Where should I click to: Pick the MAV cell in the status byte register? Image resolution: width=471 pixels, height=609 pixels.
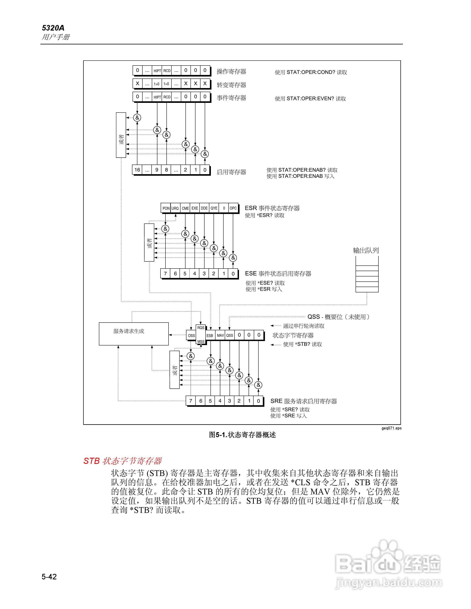click(x=220, y=335)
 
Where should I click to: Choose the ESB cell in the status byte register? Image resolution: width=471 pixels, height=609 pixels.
click(x=210, y=335)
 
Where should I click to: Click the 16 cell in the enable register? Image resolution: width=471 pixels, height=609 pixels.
click(x=137, y=170)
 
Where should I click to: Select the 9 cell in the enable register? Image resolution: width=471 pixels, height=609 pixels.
click(x=157, y=170)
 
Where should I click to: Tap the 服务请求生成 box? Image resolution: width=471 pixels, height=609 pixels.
click(x=134, y=334)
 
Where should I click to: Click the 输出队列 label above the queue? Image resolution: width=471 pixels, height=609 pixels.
click(x=366, y=250)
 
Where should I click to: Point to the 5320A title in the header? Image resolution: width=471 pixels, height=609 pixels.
click(x=53, y=28)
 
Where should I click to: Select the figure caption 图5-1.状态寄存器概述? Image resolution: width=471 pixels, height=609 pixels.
click(x=242, y=435)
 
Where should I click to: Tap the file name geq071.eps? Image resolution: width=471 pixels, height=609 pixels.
click(x=391, y=428)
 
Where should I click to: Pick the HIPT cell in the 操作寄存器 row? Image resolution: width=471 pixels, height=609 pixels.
click(x=157, y=71)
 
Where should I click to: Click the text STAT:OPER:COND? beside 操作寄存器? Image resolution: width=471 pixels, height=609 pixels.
click(x=311, y=72)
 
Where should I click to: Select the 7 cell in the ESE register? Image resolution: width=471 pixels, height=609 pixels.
click(x=165, y=274)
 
